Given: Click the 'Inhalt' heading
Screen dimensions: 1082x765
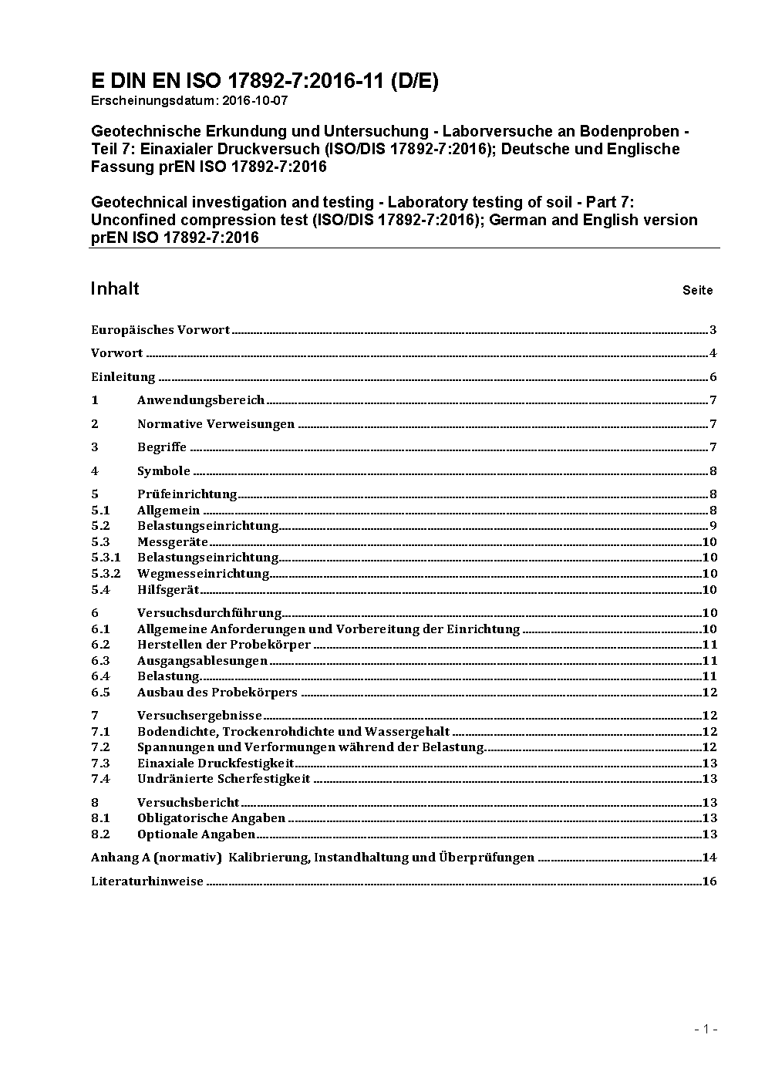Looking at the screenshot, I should [x=115, y=288].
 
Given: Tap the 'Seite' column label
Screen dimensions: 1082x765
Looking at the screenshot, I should [x=697, y=291].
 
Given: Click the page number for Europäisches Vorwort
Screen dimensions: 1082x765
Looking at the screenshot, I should [x=713, y=330].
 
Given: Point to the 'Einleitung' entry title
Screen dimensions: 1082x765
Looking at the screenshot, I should [x=123, y=377].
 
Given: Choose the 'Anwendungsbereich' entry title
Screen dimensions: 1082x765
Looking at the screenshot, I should [x=201, y=400].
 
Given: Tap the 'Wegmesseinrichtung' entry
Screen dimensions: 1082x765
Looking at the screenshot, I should [x=203, y=573].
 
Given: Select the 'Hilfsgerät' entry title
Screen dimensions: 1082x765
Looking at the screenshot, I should [x=168, y=589].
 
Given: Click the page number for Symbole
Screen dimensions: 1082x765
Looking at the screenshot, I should [x=713, y=471].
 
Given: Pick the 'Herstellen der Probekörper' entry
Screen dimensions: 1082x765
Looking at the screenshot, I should [x=224, y=645].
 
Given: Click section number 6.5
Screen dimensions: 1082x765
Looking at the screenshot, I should [x=100, y=693].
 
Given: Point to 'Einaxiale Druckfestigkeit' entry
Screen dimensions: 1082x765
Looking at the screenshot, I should [x=216, y=763].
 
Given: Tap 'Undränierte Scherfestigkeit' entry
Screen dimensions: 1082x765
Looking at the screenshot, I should [x=224, y=779].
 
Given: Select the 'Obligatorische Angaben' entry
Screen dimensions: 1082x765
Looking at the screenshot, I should [x=211, y=818].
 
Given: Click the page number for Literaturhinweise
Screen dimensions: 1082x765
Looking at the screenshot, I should [x=709, y=881].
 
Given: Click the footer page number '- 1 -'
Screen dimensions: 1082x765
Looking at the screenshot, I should [x=706, y=1029].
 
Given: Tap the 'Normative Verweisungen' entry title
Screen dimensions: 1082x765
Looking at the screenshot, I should [x=216, y=424].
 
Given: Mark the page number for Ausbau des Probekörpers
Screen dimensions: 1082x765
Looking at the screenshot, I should [x=709, y=693].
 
